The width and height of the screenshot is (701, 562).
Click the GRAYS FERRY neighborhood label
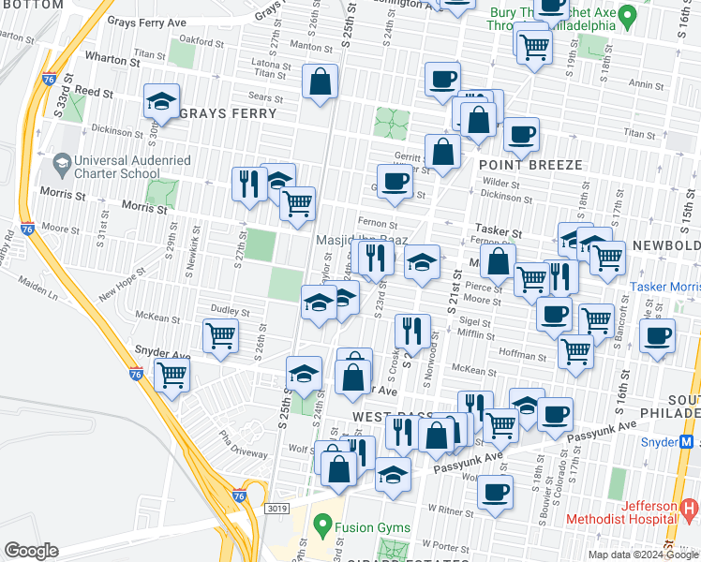(228, 113)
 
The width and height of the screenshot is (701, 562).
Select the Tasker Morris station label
(664, 287)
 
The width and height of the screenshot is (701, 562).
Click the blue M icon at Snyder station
(688, 441)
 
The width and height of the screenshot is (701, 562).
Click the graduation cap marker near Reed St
(162, 101)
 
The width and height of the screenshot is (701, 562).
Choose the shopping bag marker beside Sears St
(321, 81)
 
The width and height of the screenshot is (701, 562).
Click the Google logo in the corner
(31, 551)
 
